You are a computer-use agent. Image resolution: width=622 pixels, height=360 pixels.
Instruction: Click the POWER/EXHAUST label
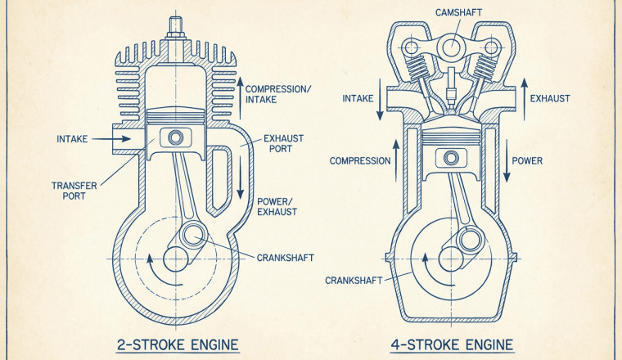click(x=277, y=206)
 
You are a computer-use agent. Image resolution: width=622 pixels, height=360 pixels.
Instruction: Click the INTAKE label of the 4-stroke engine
click(x=357, y=98)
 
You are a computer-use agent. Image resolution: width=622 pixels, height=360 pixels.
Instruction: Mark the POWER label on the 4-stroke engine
click(x=527, y=160)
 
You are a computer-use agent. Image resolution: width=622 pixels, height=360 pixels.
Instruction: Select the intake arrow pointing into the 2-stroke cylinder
click(x=115, y=139)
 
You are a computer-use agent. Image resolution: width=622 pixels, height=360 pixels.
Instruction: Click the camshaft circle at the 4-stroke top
click(x=451, y=49)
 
